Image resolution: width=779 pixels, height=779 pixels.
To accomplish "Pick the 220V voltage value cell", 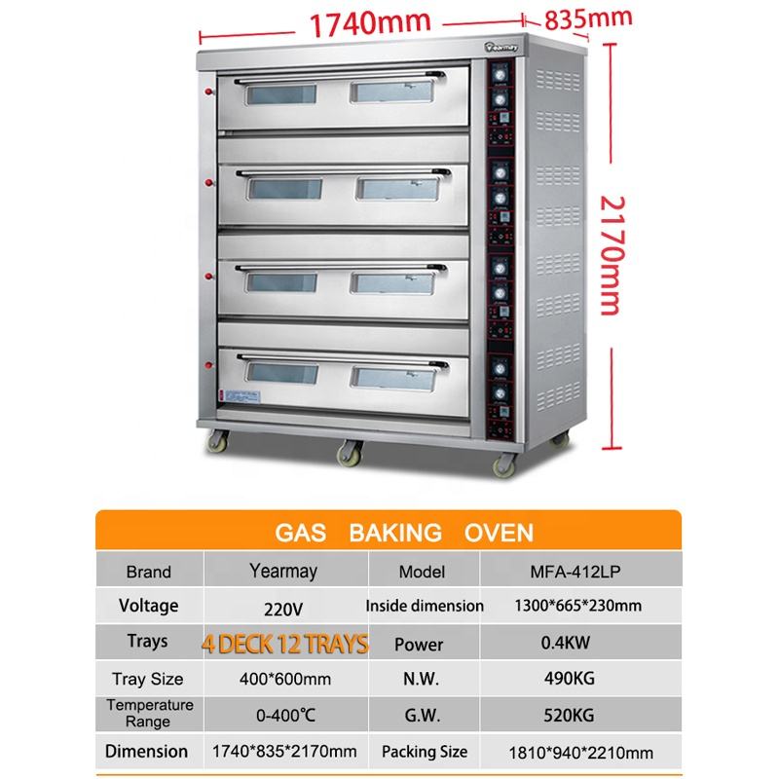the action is pyautogui.click(x=284, y=609).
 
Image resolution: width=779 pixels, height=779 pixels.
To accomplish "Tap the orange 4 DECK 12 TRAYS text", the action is pyautogui.click(x=285, y=643).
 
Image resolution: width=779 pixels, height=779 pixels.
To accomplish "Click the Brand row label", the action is pyautogui.click(x=148, y=572).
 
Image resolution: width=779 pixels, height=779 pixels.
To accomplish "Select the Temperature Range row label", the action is pyautogui.click(x=149, y=714).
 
